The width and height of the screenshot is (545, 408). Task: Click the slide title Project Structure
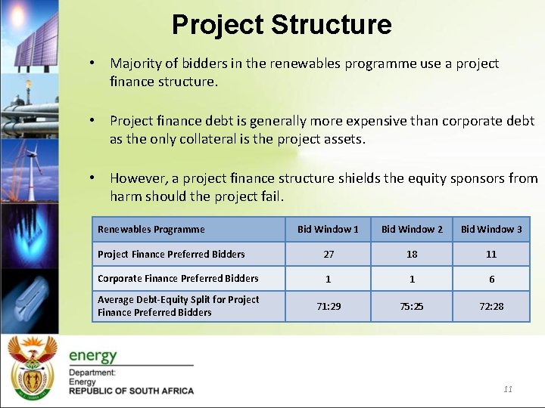click(282, 25)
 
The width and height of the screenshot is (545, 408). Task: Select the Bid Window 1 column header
click(328, 229)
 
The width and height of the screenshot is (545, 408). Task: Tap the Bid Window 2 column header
click(412, 229)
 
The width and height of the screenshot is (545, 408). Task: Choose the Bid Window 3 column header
click(491, 229)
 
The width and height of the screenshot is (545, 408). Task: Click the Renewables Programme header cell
click(151, 229)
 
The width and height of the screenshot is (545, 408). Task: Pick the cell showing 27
click(328, 255)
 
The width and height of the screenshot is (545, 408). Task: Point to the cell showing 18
click(412, 255)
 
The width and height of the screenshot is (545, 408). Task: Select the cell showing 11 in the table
click(491, 255)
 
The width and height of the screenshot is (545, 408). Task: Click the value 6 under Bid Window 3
click(491, 279)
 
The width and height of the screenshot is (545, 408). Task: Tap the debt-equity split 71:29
click(328, 306)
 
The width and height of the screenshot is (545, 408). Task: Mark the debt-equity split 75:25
click(412, 306)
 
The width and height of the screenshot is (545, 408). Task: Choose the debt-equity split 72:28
click(491, 306)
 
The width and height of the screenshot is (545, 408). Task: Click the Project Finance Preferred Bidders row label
click(171, 255)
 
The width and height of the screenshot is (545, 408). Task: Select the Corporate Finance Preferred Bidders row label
click(178, 279)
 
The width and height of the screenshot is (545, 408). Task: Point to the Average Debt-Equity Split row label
click(178, 306)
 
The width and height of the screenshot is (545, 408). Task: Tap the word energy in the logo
click(93, 355)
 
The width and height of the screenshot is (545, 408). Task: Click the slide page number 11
click(508, 389)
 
